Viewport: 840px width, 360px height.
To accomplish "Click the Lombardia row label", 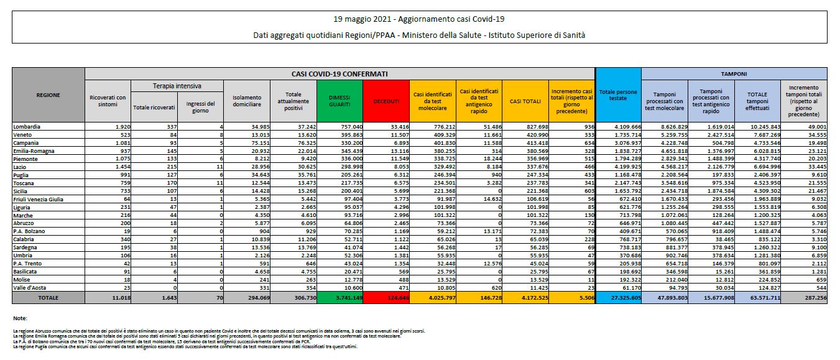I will coord(25,126).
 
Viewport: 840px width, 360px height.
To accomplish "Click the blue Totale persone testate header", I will coord(617,95).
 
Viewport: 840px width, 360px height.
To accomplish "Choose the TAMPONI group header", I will coord(738,73).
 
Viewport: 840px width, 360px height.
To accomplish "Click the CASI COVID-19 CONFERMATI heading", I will coord(340,73).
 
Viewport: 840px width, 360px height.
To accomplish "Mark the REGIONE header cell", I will coord(48,95).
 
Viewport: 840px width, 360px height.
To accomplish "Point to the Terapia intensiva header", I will coord(177,85).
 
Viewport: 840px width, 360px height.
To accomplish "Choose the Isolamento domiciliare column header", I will coord(247,101).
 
